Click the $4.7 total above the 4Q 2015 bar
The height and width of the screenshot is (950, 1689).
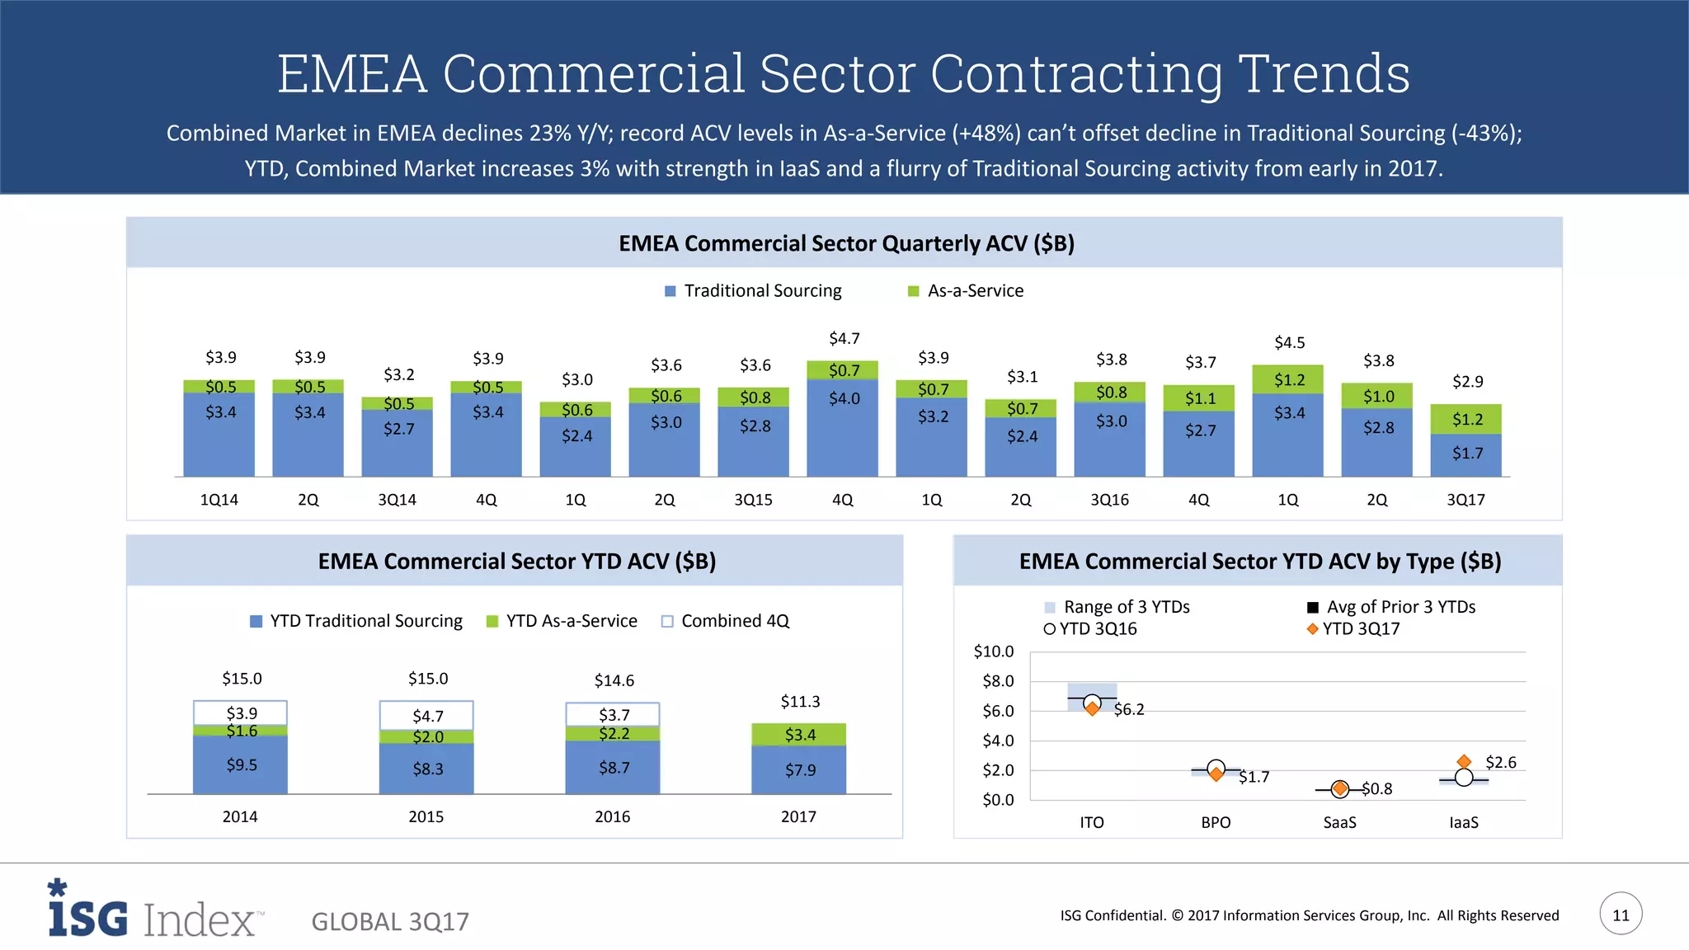click(844, 339)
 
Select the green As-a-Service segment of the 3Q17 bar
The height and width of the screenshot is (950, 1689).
click(1466, 419)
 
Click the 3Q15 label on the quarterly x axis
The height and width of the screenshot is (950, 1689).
click(753, 500)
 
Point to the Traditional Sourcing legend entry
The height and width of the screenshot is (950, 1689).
click(753, 291)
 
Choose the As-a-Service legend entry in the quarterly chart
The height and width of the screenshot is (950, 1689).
click(966, 291)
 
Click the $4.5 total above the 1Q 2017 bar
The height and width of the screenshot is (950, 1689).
click(1289, 342)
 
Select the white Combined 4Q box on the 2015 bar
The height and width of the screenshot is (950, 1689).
click(426, 715)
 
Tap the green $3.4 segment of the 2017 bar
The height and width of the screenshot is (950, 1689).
click(798, 734)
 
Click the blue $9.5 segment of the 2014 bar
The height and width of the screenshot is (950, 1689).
click(240, 764)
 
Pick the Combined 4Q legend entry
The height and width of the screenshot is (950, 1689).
click(725, 621)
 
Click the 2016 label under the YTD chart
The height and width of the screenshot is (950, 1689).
click(612, 816)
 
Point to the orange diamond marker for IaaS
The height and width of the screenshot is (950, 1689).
click(1464, 761)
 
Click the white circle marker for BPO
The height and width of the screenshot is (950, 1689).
click(1216, 768)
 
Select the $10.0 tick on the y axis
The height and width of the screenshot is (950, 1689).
click(994, 651)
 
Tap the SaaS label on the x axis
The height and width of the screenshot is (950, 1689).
click(1339, 822)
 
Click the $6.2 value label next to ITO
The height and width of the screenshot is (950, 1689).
click(1129, 709)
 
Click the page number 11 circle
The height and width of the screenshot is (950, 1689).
click(1621, 914)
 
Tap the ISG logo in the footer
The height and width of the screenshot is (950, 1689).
click(88, 910)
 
